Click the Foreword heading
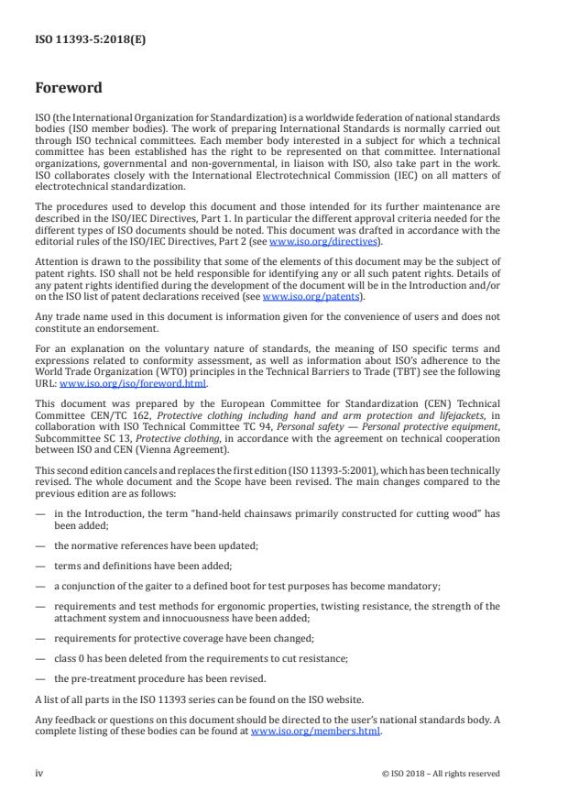pyautogui.click(x=69, y=89)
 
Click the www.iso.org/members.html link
pyautogui.click(x=315, y=731)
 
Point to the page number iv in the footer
pyautogui.click(x=39, y=773)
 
